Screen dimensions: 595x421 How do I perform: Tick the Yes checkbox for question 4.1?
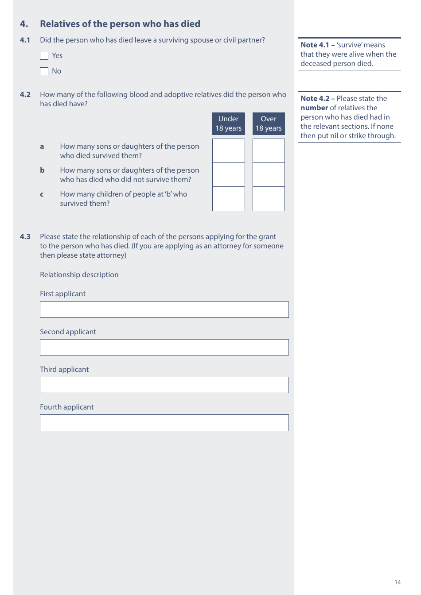tap(44, 56)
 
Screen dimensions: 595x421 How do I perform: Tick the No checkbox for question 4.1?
tap(44, 71)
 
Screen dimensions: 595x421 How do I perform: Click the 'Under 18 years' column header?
tap(228, 124)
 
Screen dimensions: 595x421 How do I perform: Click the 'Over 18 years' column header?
tap(269, 124)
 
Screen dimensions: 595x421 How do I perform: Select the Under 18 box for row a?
tap(228, 151)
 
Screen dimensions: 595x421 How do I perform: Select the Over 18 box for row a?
tap(269, 151)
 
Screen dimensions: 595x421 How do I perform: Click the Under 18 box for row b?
tap(228, 174)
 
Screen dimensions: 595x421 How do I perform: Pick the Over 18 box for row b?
tap(269, 174)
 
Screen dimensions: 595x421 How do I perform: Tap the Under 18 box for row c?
tap(228, 199)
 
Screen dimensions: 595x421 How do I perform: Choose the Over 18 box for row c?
tap(269, 199)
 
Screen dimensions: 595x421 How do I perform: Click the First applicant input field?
tap(164, 309)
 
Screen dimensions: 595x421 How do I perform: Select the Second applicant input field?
tap(164, 347)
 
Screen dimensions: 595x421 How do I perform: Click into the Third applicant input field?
tap(164, 385)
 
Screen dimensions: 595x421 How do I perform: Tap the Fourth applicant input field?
tap(164, 422)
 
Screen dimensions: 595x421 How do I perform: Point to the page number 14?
tap(398, 582)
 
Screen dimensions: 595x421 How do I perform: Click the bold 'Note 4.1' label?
tap(315, 45)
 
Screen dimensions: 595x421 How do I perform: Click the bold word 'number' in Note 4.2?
tap(314, 108)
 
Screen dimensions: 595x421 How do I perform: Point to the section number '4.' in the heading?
tap(24, 24)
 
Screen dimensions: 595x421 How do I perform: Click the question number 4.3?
tap(25, 236)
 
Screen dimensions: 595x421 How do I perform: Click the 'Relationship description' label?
tap(79, 274)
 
